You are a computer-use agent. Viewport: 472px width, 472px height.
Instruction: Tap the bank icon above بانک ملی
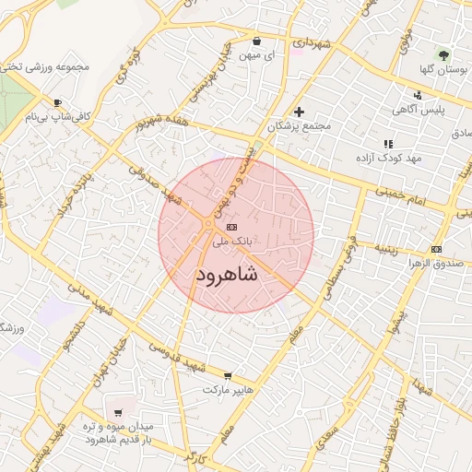231,227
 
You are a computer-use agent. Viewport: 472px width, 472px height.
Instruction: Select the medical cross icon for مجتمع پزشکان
299,112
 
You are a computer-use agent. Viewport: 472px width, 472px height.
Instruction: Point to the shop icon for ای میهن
256,41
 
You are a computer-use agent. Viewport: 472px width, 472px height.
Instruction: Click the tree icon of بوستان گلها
445,54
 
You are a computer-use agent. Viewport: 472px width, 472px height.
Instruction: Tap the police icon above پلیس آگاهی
418,95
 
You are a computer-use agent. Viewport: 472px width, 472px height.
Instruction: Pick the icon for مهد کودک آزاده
388,144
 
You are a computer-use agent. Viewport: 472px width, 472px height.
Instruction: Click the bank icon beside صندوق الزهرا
436,249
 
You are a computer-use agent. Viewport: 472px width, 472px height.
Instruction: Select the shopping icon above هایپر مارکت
228,375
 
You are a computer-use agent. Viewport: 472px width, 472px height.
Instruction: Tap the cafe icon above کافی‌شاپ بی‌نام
58,103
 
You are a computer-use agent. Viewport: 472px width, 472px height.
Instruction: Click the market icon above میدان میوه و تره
117,413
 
